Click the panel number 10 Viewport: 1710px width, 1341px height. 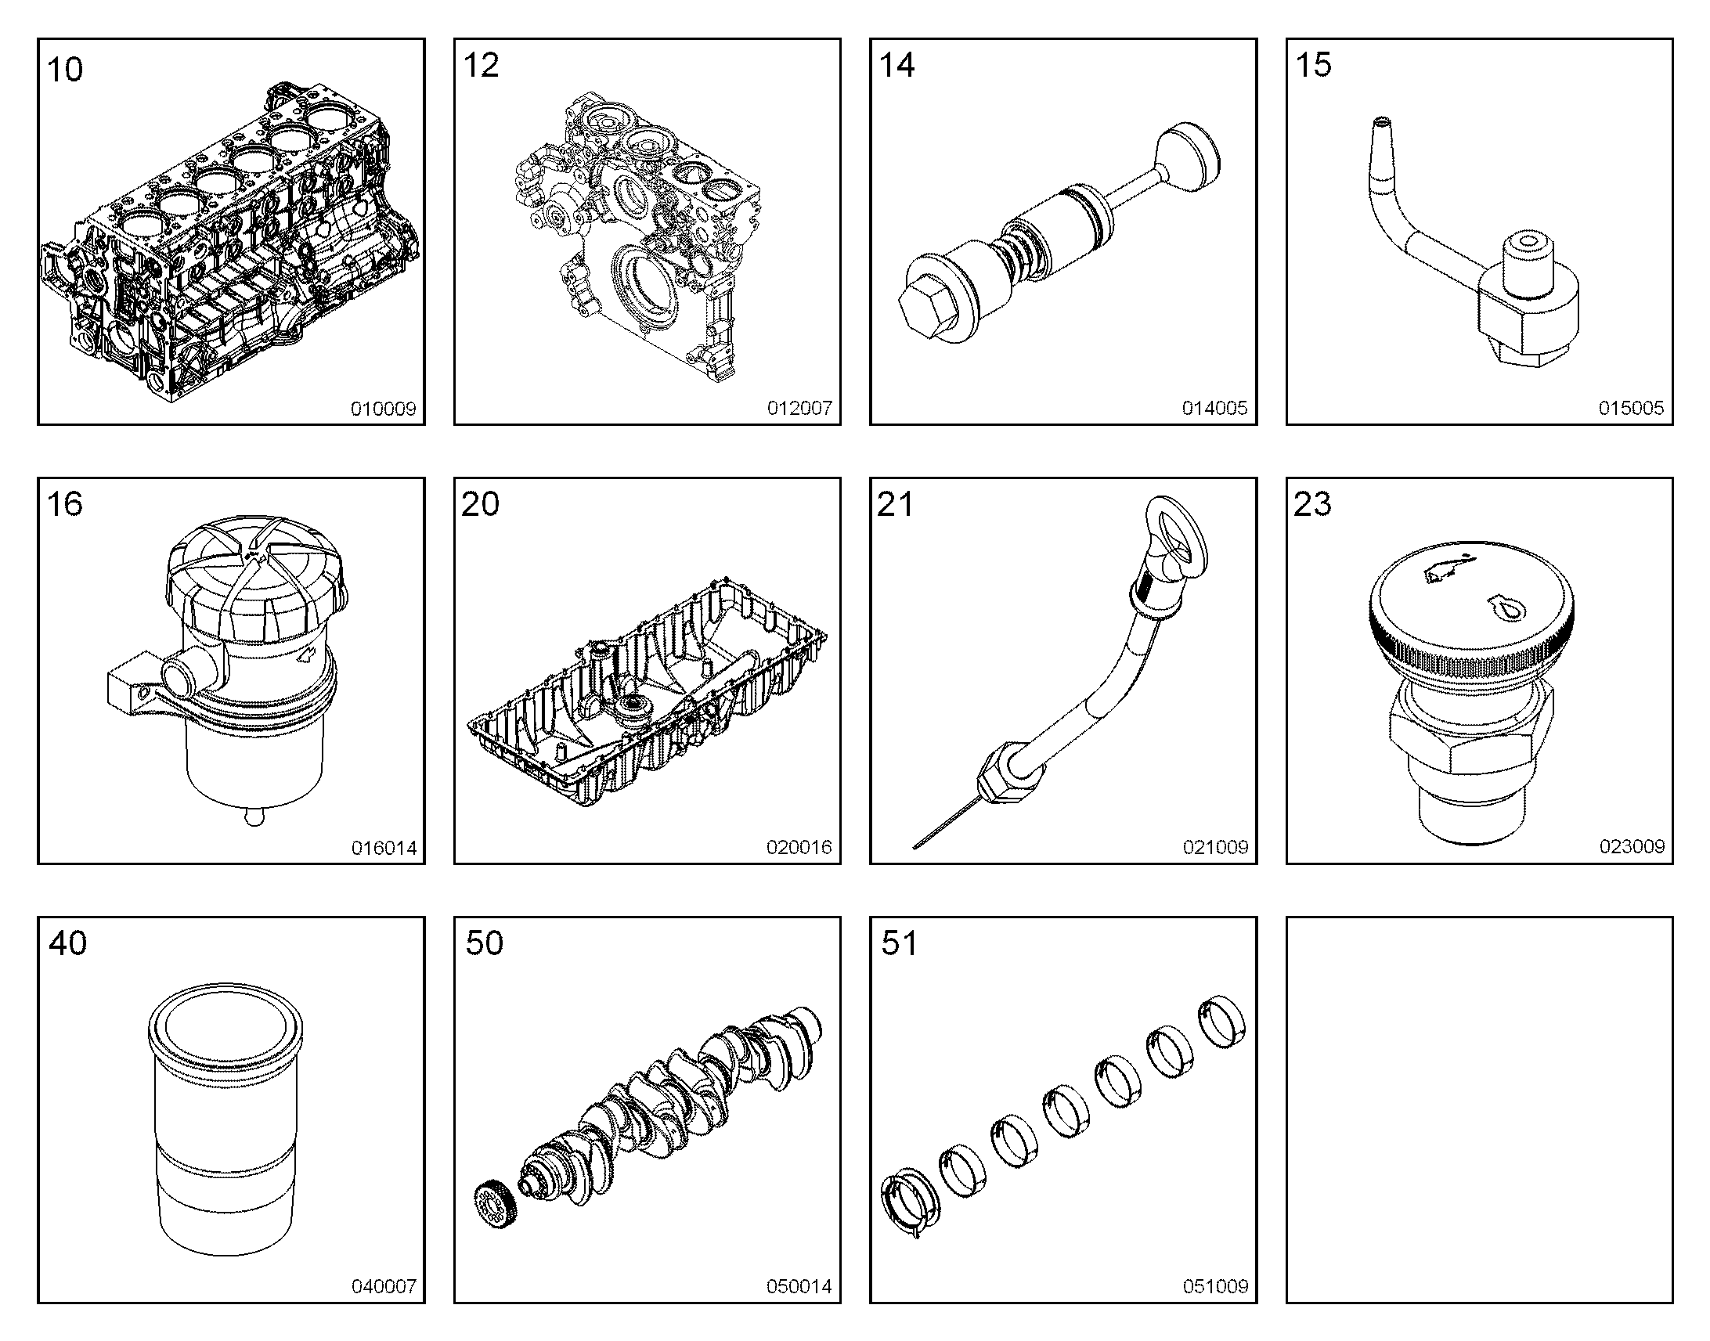pyautogui.click(x=65, y=70)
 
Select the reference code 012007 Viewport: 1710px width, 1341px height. pyautogui.click(x=799, y=408)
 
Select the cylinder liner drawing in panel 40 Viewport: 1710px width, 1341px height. pyautogui.click(x=225, y=1119)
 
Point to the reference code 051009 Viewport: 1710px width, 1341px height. pyautogui.click(x=1215, y=1286)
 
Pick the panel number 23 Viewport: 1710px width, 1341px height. pyautogui.click(x=1313, y=504)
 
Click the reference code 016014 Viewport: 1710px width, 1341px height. pyautogui.click(x=384, y=848)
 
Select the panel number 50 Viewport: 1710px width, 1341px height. pyautogui.click(x=484, y=943)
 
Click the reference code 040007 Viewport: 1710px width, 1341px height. pyautogui.click(x=384, y=1286)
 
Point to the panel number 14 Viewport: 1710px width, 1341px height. pyautogui.click(x=896, y=65)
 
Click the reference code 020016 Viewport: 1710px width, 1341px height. pyautogui.click(x=799, y=847)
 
